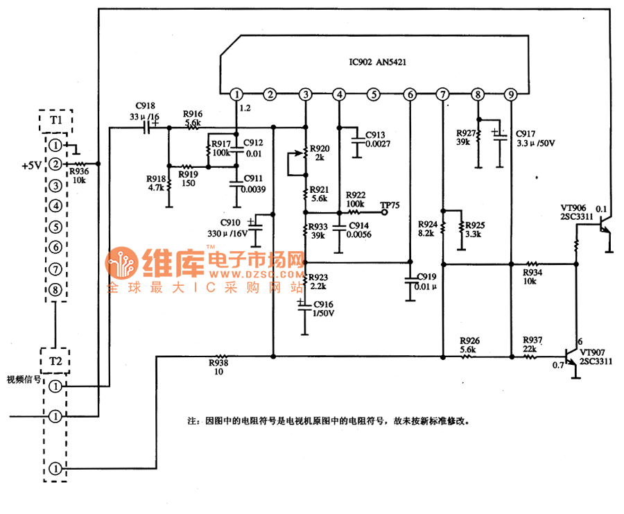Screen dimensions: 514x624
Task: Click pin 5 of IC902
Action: [x=374, y=94]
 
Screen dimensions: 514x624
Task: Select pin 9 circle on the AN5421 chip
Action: [x=511, y=94]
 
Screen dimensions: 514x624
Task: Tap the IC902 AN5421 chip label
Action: [x=378, y=62]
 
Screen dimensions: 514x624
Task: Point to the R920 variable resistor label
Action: [x=320, y=148]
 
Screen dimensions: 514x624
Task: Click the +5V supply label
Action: [x=31, y=166]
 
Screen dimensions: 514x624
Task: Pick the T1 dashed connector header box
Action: [x=55, y=121]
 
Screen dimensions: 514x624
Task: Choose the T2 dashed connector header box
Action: [x=55, y=361]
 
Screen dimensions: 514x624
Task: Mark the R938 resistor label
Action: [x=218, y=361]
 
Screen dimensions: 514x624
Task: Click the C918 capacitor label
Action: [x=146, y=108]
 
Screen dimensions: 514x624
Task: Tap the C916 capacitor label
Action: [x=324, y=305]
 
